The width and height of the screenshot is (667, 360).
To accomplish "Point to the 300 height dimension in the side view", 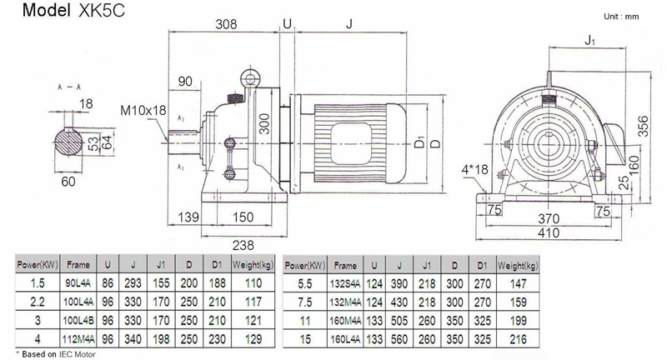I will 265,126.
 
